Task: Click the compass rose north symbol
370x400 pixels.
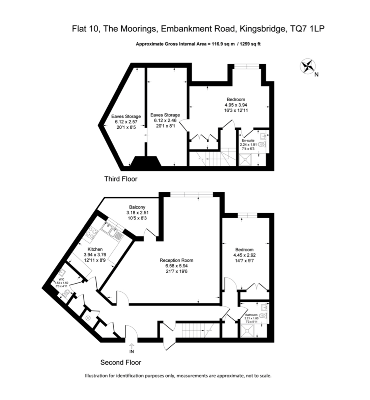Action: (x=307, y=66)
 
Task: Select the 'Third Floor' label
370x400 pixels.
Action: (x=121, y=179)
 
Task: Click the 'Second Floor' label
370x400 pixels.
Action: (x=121, y=363)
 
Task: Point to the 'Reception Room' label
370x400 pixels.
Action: (x=176, y=260)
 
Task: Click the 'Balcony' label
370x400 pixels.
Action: (x=137, y=207)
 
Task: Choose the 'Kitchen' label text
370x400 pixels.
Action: (x=95, y=249)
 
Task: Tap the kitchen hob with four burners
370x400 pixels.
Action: (x=92, y=234)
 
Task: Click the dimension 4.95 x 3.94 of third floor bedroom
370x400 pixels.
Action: (x=236, y=105)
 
